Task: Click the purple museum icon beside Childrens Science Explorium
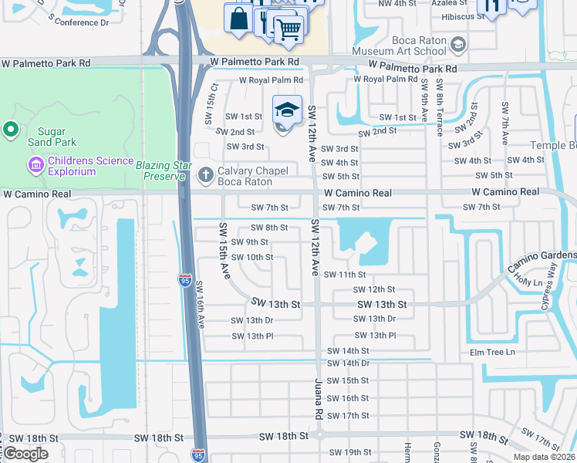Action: tap(34, 164)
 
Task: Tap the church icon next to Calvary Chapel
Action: tap(205, 174)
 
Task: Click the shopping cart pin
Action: tap(288, 30)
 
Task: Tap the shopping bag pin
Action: tap(238, 19)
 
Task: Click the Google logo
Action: tap(26, 454)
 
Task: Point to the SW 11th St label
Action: tap(344, 274)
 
